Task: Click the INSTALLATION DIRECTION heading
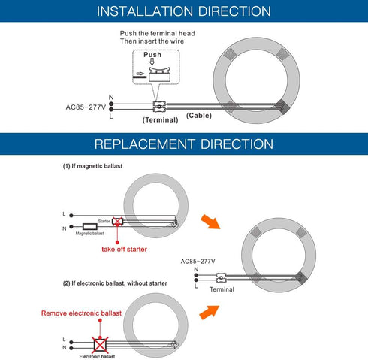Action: pyautogui.click(x=184, y=11)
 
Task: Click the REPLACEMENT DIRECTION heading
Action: pyautogui.click(x=184, y=144)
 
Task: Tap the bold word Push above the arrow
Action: pyautogui.click(x=152, y=55)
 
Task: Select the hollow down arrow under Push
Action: pyautogui.click(x=152, y=62)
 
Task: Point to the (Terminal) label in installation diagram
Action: pyautogui.click(x=161, y=120)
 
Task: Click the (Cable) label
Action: pyautogui.click(x=199, y=116)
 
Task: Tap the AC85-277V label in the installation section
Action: pyautogui.click(x=86, y=107)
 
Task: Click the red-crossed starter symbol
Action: pyautogui.click(x=117, y=222)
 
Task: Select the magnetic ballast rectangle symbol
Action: pyautogui.click(x=90, y=227)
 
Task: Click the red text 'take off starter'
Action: pyautogui.click(x=124, y=250)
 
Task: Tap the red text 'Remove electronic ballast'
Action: pyautogui.click(x=81, y=313)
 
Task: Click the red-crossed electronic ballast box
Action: pyautogui.click(x=100, y=345)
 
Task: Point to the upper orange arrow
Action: pyautogui.click(x=210, y=222)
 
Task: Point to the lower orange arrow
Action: pyautogui.click(x=210, y=312)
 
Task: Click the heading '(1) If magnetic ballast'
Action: pyautogui.click(x=92, y=166)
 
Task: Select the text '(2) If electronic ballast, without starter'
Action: pyautogui.click(x=115, y=283)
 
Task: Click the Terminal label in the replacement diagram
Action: pyautogui.click(x=222, y=289)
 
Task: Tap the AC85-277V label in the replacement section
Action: pyautogui.click(x=198, y=262)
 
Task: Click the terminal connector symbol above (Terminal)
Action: pyautogui.click(x=159, y=107)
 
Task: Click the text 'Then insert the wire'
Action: pyautogui.click(x=152, y=41)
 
